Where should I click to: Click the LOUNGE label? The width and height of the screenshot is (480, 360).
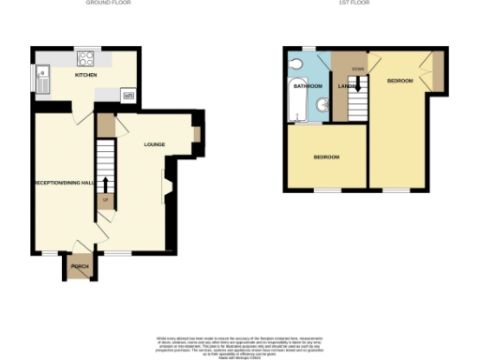(155, 144)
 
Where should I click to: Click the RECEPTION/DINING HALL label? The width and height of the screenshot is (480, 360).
(64, 182)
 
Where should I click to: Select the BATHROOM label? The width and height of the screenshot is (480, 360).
(307, 86)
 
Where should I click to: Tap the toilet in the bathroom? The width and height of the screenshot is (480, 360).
(296, 63)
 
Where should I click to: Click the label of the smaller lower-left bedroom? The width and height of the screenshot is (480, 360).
(326, 157)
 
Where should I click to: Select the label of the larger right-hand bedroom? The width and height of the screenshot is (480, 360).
(400, 82)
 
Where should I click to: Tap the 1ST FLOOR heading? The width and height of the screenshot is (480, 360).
(351, 4)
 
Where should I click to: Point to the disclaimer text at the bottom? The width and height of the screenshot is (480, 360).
(242, 344)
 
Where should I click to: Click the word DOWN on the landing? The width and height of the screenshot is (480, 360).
(357, 69)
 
